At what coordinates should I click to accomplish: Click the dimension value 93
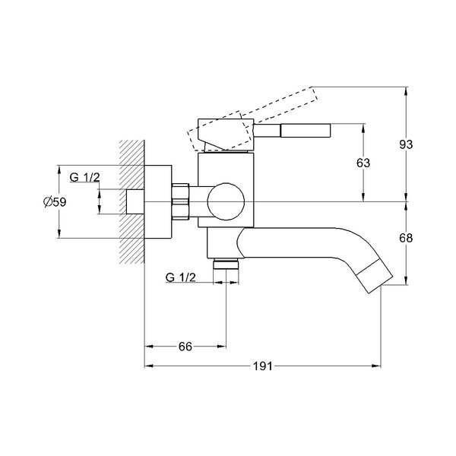(x=406, y=144)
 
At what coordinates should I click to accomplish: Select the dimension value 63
(x=363, y=163)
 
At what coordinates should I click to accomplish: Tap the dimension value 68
(x=406, y=238)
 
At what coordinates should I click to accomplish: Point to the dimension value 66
(x=185, y=347)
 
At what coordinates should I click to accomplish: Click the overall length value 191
(x=263, y=366)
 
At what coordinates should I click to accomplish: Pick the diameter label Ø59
(x=55, y=202)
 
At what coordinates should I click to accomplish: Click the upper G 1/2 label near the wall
(x=84, y=177)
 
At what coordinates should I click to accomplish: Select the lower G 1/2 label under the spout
(x=181, y=277)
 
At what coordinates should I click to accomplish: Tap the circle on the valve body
(x=226, y=201)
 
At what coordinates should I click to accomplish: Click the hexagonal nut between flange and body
(x=180, y=201)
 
